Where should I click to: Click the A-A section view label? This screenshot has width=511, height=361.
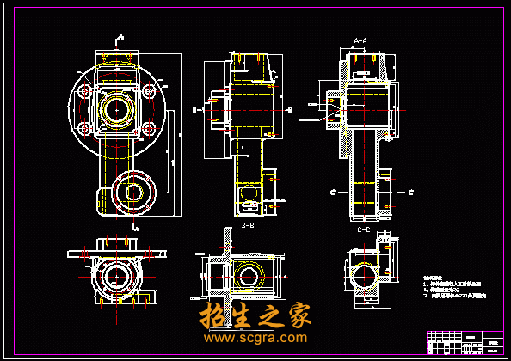tap(360, 40)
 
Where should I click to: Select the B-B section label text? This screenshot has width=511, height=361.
tap(248, 225)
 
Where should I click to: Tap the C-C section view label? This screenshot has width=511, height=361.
tap(363, 229)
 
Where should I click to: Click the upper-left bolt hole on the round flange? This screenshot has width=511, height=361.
tap(83, 89)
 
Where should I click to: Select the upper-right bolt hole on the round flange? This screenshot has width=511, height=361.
tap(148, 89)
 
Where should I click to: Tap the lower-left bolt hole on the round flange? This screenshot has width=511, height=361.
tap(83, 129)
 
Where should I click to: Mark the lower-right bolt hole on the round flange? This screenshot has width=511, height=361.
tap(148, 129)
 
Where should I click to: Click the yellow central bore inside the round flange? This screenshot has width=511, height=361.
tap(115, 109)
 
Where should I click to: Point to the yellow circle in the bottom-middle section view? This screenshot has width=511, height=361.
tap(251, 276)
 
